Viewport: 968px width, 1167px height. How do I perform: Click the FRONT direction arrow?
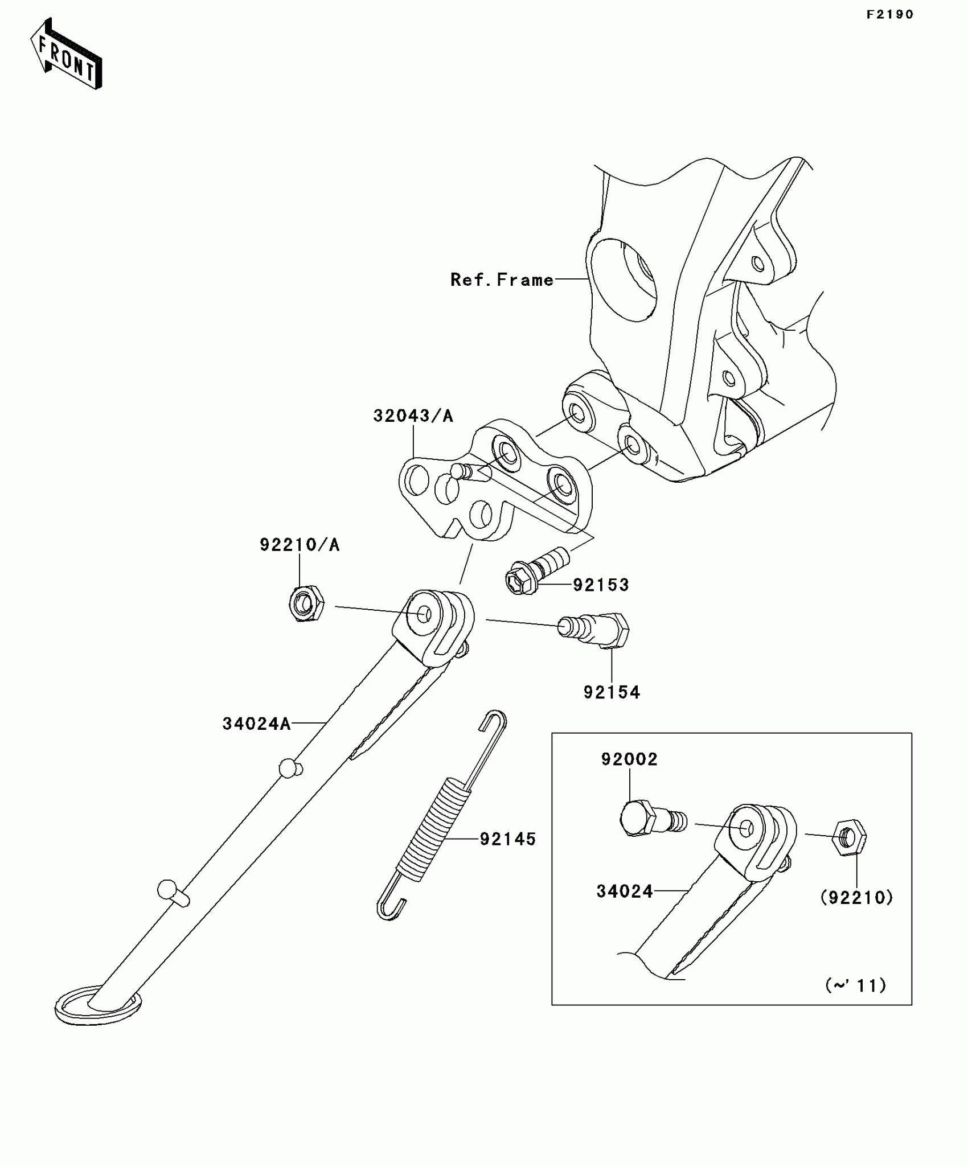click(66, 54)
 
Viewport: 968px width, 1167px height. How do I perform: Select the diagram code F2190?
click(889, 15)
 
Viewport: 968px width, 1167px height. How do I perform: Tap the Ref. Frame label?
click(502, 280)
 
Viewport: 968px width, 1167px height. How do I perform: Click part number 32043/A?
click(413, 416)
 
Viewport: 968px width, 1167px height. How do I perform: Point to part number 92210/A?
click(300, 545)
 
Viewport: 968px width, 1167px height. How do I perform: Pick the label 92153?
click(601, 585)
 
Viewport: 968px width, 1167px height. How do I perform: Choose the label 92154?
click(612, 692)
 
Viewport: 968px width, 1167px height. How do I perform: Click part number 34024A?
click(256, 724)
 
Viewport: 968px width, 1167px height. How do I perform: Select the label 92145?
click(508, 839)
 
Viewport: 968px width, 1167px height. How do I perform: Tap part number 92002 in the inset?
click(629, 759)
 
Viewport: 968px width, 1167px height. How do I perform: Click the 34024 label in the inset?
click(625, 891)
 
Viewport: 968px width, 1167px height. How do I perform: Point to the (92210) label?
click(856, 898)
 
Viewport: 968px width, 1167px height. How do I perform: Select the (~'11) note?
click(856, 985)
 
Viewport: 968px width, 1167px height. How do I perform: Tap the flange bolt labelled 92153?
click(536, 571)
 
